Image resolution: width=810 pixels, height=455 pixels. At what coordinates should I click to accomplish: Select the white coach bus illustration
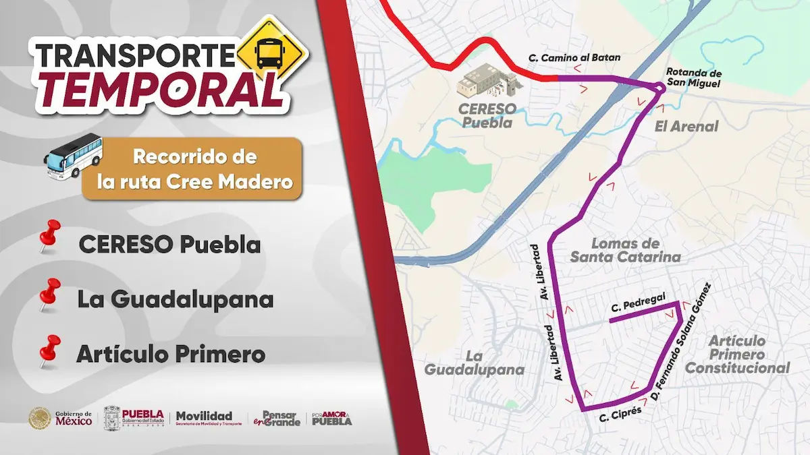74,156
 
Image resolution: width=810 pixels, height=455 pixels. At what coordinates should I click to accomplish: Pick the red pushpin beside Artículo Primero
49,351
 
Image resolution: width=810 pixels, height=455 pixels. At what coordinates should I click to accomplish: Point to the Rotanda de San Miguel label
693,78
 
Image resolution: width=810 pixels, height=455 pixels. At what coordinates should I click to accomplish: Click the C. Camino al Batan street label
574,58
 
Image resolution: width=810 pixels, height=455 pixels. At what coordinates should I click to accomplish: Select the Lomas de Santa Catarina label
625,250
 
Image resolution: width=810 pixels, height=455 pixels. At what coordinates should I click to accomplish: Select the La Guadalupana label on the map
475,363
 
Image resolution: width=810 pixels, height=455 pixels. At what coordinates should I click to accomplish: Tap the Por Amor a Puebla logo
332,419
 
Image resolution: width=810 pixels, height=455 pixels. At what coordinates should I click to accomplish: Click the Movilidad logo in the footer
204,418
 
